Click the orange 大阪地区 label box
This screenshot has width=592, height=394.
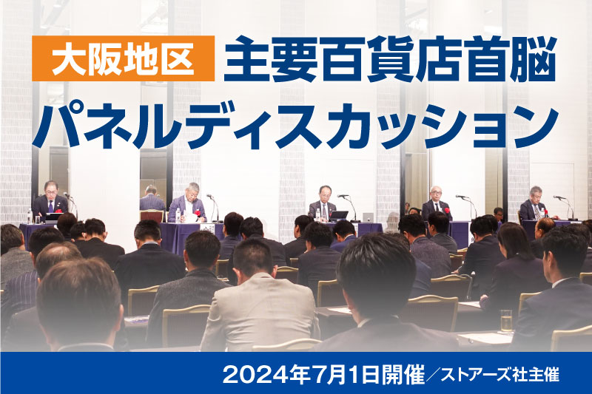point(123,58)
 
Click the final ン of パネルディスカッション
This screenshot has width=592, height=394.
point(535,127)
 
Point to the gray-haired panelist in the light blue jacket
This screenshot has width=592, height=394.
point(188,203)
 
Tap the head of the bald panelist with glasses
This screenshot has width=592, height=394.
point(437,193)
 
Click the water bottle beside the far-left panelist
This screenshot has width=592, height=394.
point(30,217)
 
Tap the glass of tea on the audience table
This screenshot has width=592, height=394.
point(506,322)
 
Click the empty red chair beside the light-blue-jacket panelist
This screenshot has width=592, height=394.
point(152,216)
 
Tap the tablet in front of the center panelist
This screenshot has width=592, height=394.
point(339,215)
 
